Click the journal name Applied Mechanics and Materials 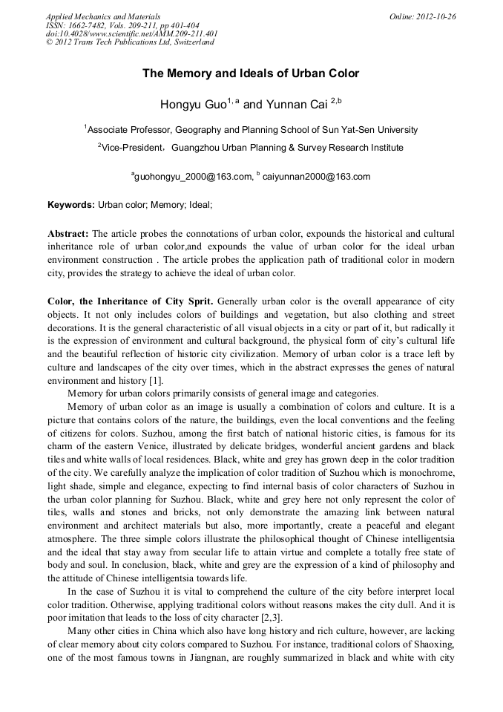pos(103,16)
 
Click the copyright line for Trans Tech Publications pos(130,42)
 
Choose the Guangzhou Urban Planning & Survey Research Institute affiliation pos(287,148)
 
